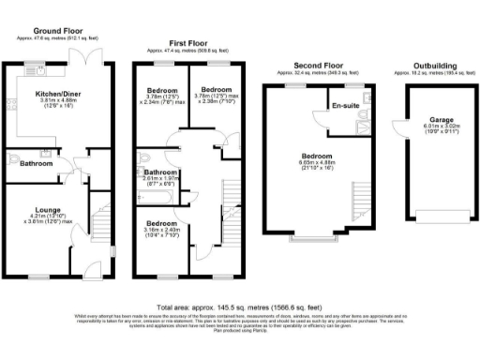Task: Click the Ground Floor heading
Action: (56, 31)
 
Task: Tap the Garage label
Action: (441, 121)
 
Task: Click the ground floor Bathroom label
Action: (37, 163)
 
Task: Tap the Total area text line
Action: (239, 307)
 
